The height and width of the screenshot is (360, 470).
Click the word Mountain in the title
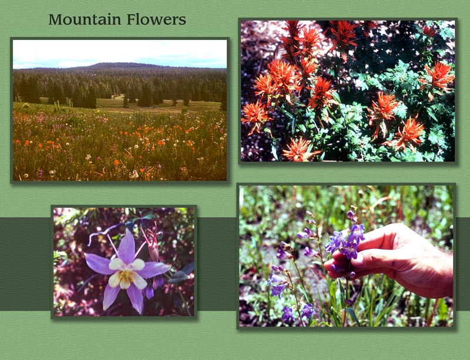click(83, 19)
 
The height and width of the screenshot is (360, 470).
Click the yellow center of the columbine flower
click(126, 275)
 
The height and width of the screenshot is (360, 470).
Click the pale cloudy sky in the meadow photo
click(117, 52)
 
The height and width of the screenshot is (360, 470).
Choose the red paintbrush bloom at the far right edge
click(439, 75)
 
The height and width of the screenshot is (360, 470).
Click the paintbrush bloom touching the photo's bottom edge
click(298, 150)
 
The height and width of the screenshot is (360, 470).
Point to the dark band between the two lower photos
click(217, 264)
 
